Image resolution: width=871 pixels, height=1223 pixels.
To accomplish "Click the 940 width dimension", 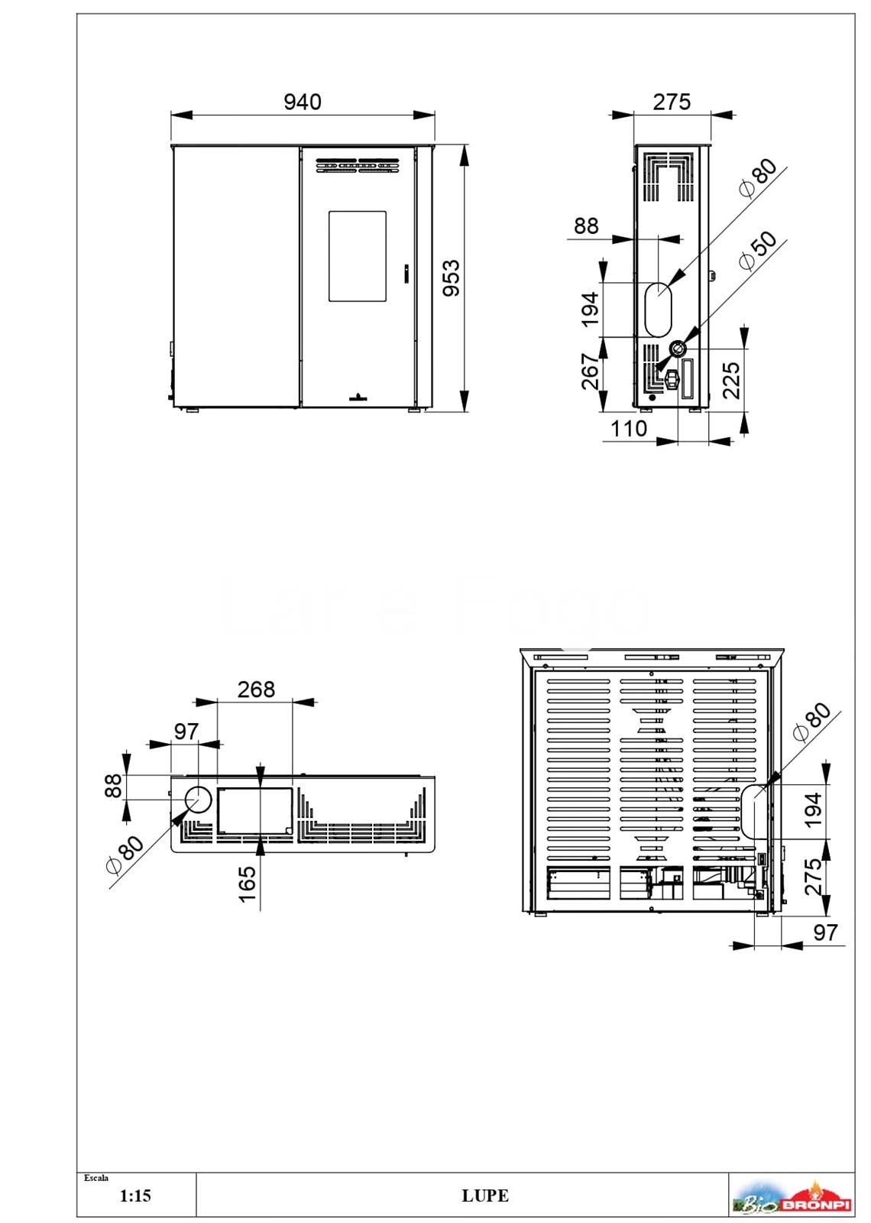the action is pos(303,102).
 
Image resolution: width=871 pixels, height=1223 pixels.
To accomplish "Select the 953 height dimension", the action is pos(452,278).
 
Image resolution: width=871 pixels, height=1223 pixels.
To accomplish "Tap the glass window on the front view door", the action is pos(357,256).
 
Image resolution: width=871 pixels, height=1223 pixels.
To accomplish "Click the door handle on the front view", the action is pos(406,273).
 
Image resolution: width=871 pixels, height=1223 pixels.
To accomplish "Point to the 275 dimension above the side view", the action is pos(672,102).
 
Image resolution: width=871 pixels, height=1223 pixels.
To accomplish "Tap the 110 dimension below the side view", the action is pos(629,429).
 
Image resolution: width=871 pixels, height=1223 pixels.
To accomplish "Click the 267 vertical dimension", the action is pos(591,371).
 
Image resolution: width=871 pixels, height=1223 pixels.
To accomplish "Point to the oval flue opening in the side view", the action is pos(659,309).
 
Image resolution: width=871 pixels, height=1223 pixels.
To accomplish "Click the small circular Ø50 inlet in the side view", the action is pos(678,348).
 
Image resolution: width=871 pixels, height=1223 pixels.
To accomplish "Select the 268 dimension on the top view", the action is pos(256,689).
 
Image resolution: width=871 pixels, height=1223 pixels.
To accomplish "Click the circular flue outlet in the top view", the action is pos(198,800).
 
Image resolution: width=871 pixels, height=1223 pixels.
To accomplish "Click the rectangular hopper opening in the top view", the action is pos(255,811).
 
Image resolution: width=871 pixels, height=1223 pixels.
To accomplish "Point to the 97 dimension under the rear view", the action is pos(824,932).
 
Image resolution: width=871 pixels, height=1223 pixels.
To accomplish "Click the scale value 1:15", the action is pos(135,1195).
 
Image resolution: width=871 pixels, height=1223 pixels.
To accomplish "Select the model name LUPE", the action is pos(485,1195).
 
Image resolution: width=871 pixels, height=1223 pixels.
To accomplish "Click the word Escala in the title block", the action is pos(96,1178).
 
